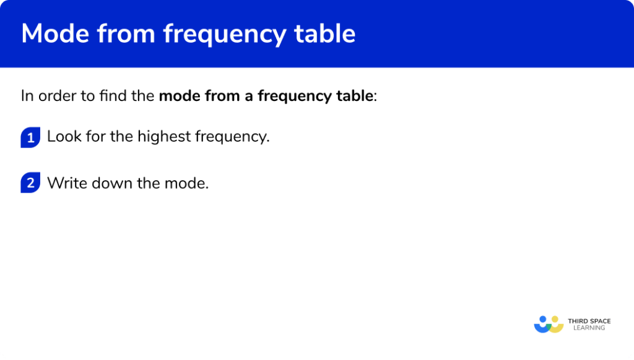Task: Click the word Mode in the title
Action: point(53,33)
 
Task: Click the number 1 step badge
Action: point(30,137)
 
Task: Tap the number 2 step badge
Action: point(30,183)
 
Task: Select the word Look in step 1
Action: point(64,137)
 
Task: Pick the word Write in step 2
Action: point(65,183)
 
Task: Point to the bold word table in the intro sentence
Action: point(355,96)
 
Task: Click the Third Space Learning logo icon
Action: point(549,325)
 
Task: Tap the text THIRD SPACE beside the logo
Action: point(589,321)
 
